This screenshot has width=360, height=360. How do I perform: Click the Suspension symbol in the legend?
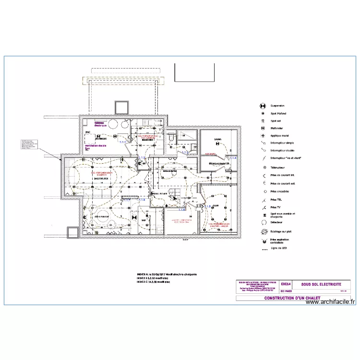263,106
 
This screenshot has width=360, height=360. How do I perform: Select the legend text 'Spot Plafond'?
278,113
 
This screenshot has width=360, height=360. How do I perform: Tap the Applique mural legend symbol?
263,136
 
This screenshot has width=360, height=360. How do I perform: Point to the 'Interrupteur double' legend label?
283,150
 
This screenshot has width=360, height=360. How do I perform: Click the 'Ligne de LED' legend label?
279,248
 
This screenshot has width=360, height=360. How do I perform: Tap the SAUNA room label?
218,139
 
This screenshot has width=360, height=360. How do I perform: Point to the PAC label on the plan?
88,132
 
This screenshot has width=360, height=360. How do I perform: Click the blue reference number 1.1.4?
233,157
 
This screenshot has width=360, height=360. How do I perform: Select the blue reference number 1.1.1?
122,142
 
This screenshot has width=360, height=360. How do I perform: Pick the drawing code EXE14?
286,284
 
